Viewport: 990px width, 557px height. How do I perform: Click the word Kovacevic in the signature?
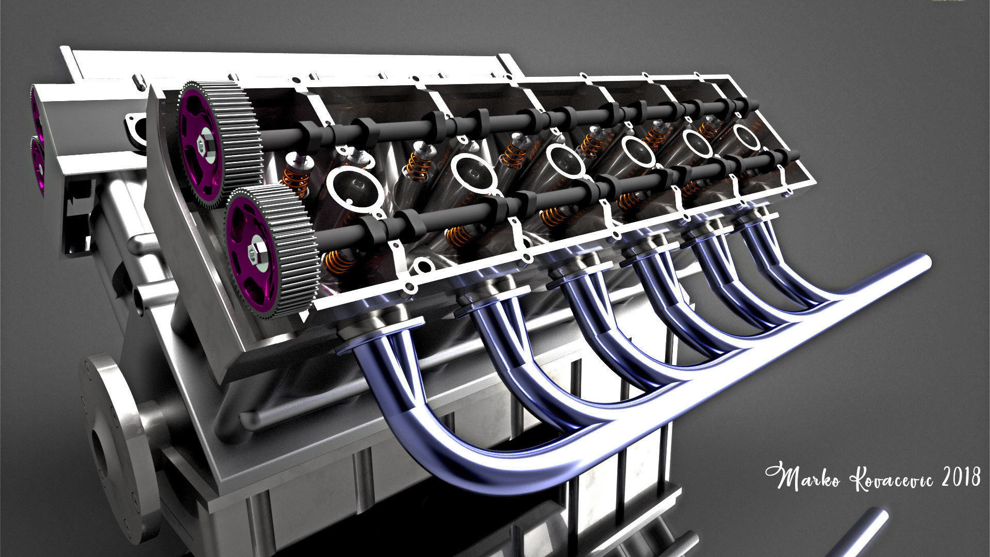coord(884,479)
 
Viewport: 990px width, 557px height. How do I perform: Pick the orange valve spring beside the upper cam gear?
coord(296,176)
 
